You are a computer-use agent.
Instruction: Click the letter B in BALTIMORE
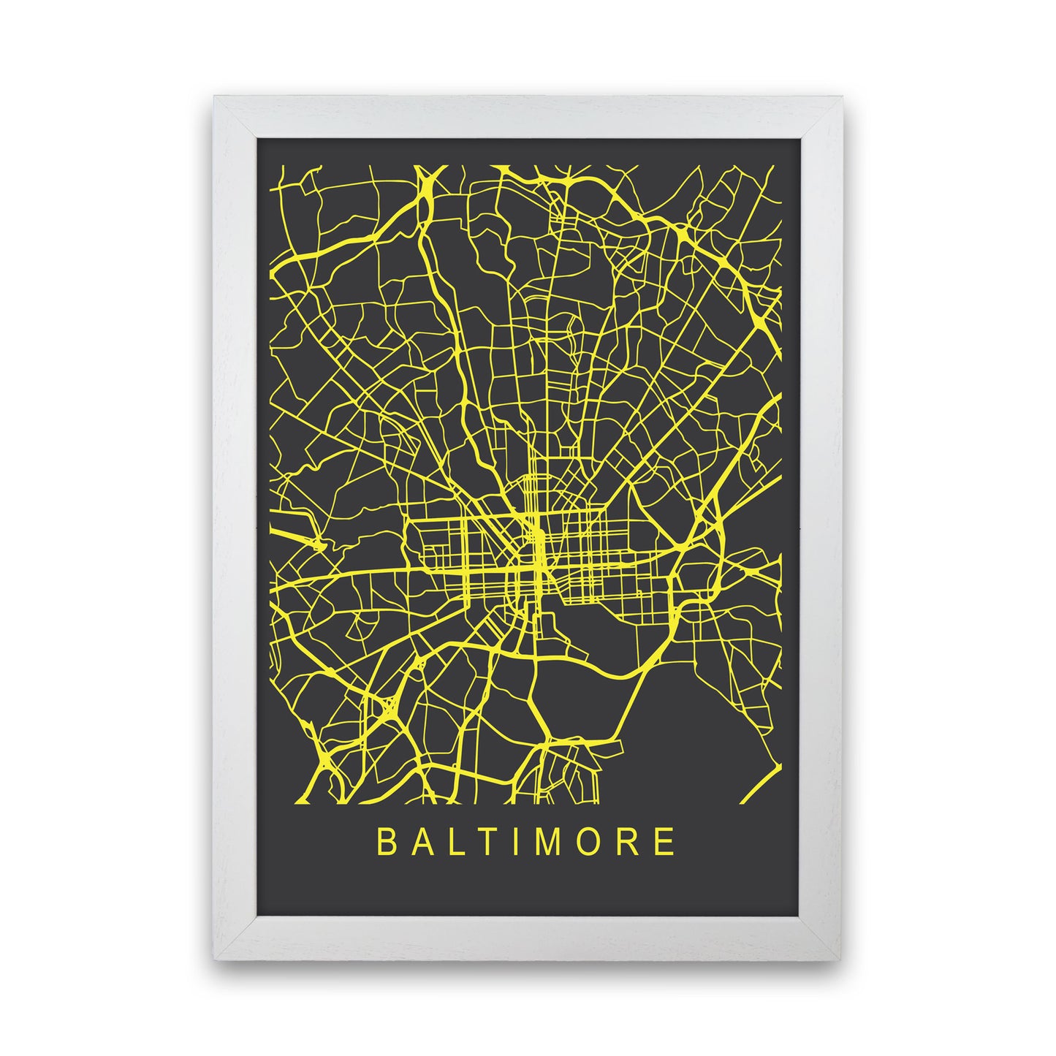coord(385,841)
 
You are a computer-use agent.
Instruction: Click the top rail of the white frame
coord(528,117)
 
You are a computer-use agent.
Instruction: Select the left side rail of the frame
coord(235,526)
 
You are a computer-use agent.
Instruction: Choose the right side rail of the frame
coord(821,526)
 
